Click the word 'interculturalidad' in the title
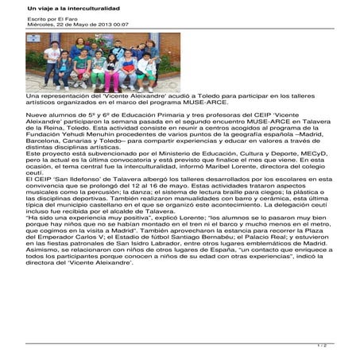pyautogui.click(x=79, y=6)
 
